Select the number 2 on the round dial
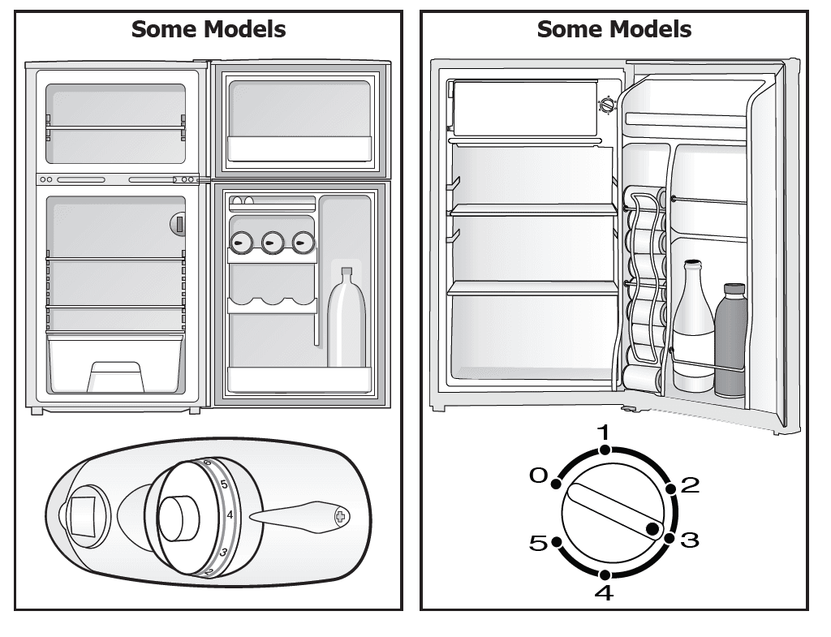click(x=689, y=485)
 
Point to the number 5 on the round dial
click(x=538, y=543)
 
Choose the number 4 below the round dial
click(x=604, y=593)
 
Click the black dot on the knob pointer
click(x=652, y=529)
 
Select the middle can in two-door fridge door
click(x=271, y=241)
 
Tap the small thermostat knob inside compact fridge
click(x=606, y=105)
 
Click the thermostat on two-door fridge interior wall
click(x=179, y=224)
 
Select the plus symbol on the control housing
click(x=340, y=516)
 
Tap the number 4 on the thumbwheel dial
click(x=230, y=514)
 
